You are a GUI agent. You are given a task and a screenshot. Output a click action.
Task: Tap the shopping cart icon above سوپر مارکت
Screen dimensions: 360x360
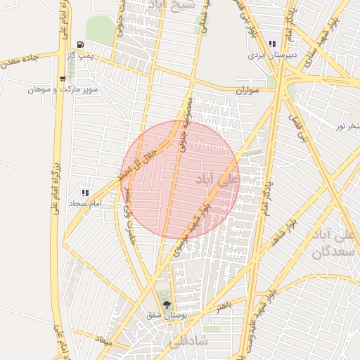click(63, 79)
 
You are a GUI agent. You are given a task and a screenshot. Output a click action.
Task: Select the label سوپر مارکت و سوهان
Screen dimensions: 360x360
click(63, 89)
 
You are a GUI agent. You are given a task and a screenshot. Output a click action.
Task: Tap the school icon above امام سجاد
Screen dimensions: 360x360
click(85, 193)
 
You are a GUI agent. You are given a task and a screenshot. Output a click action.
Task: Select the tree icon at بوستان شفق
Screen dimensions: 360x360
click(167, 304)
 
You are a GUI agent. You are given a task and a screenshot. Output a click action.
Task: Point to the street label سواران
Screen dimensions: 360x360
click(247, 91)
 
